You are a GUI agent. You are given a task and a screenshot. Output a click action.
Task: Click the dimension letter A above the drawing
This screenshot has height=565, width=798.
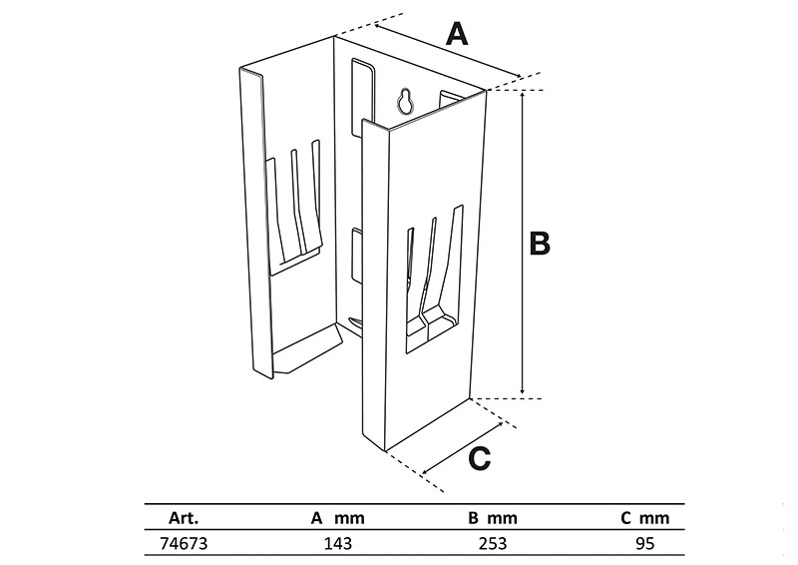[x=456, y=35]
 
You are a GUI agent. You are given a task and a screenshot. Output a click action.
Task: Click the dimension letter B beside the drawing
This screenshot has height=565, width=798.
[x=539, y=243]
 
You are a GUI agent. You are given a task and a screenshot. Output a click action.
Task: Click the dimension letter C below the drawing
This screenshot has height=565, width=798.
[x=479, y=458]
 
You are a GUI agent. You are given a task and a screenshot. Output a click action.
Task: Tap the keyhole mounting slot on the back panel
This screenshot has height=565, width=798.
[x=405, y=101]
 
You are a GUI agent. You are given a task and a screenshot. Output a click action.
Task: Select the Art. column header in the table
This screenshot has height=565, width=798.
[x=184, y=518]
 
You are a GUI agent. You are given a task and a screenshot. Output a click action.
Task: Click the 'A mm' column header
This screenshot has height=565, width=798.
[x=338, y=518]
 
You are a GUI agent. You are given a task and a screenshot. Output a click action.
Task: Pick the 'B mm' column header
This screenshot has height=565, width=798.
[x=492, y=518]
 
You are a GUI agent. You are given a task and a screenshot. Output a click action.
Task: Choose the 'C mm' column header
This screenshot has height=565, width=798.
[x=639, y=518]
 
